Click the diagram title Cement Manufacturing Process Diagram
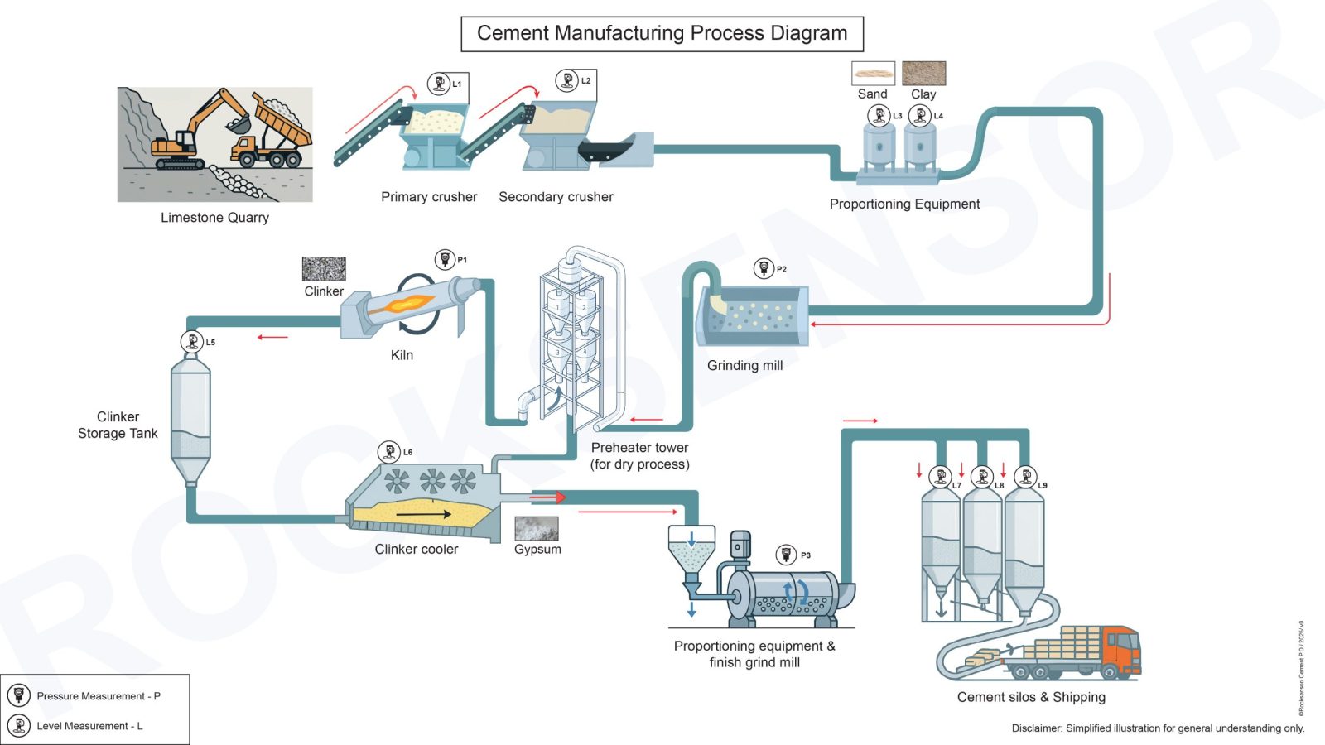(x=662, y=34)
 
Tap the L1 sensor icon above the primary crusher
(x=438, y=84)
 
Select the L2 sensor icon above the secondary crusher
(x=567, y=80)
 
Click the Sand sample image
(x=873, y=73)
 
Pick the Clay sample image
(x=923, y=73)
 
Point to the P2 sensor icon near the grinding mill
(x=764, y=268)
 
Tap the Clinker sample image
(x=324, y=268)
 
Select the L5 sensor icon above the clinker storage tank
(x=192, y=341)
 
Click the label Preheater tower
(x=639, y=448)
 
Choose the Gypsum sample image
(x=537, y=528)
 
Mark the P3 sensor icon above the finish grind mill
(x=787, y=555)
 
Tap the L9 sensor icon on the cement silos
(x=1026, y=477)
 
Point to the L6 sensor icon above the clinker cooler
(x=389, y=452)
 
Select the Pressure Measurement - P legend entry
(x=98, y=696)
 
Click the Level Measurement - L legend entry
(x=89, y=726)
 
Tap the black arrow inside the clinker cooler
(x=423, y=514)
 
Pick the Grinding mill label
(x=744, y=365)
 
